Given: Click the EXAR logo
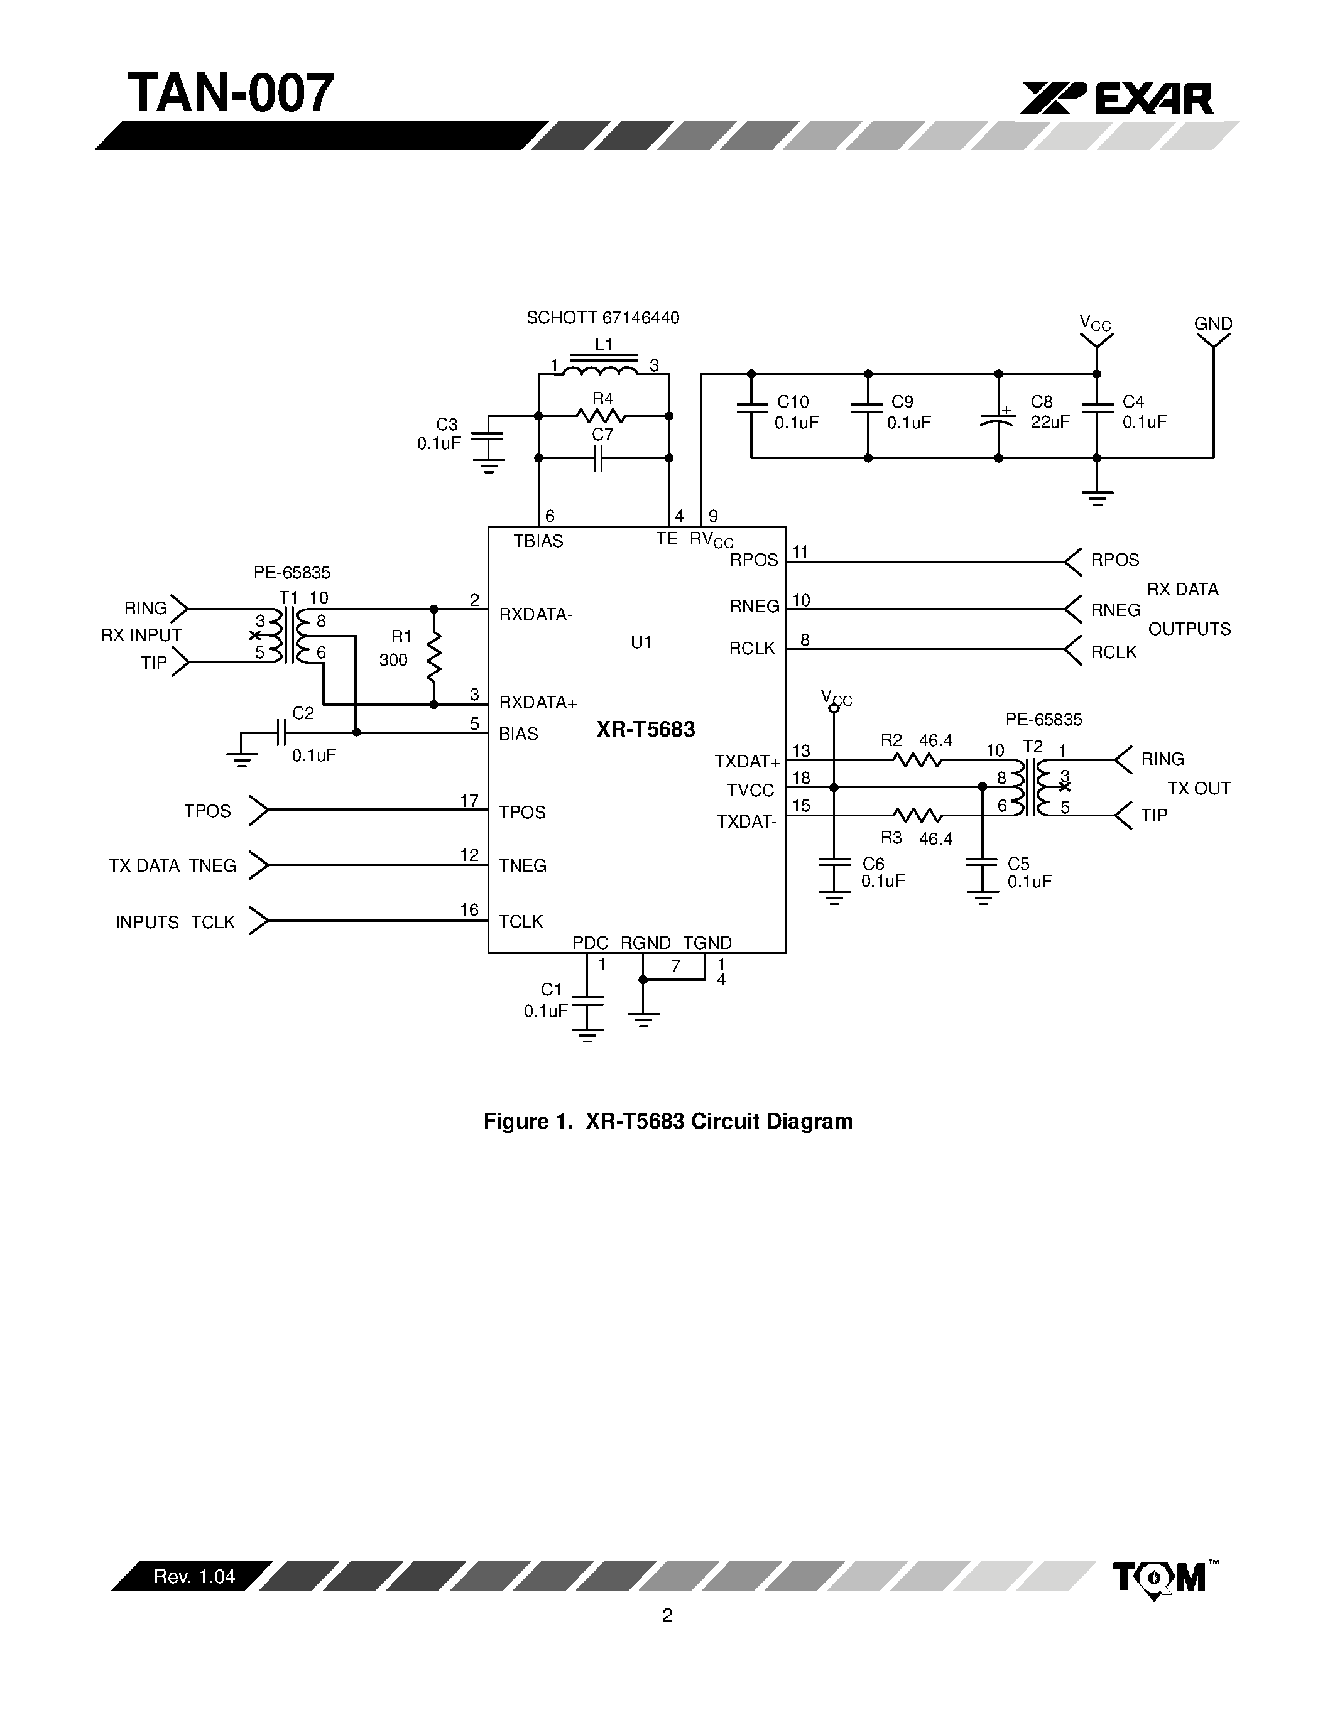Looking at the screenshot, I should pyautogui.click(x=1116, y=100).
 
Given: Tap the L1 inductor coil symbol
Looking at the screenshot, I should pyautogui.click(x=604, y=370).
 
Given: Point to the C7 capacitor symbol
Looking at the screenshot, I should pyautogui.click(x=599, y=458).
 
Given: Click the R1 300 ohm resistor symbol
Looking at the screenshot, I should pyautogui.click(x=433, y=656).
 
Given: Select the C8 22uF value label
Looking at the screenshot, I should pyautogui.click(x=1050, y=422).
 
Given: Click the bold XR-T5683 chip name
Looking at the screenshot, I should pyautogui.click(x=645, y=729).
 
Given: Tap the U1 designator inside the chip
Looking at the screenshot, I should pyautogui.click(x=641, y=642).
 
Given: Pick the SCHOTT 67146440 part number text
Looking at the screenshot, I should pyautogui.click(x=602, y=318).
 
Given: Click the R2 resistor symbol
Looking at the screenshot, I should pyautogui.click(x=917, y=760).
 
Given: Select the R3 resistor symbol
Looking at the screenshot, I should pyautogui.click(x=917, y=815).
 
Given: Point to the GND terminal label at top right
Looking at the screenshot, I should pyautogui.click(x=1212, y=324).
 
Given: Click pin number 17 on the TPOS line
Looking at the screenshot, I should pyautogui.click(x=469, y=801).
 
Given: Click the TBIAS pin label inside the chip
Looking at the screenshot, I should pyautogui.click(x=538, y=541).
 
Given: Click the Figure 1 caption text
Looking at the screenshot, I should pyautogui.click(x=667, y=1121).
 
